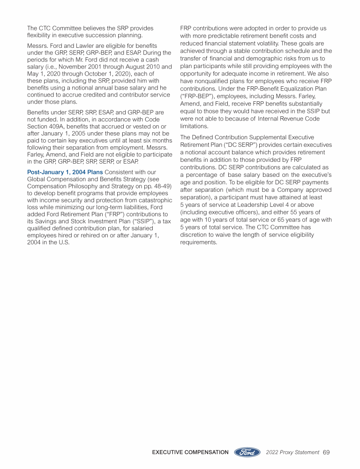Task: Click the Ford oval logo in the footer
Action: click(x=247, y=453)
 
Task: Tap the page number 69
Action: click(x=326, y=453)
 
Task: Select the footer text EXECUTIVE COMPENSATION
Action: click(x=190, y=453)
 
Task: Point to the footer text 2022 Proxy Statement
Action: click(x=292, y=453)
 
